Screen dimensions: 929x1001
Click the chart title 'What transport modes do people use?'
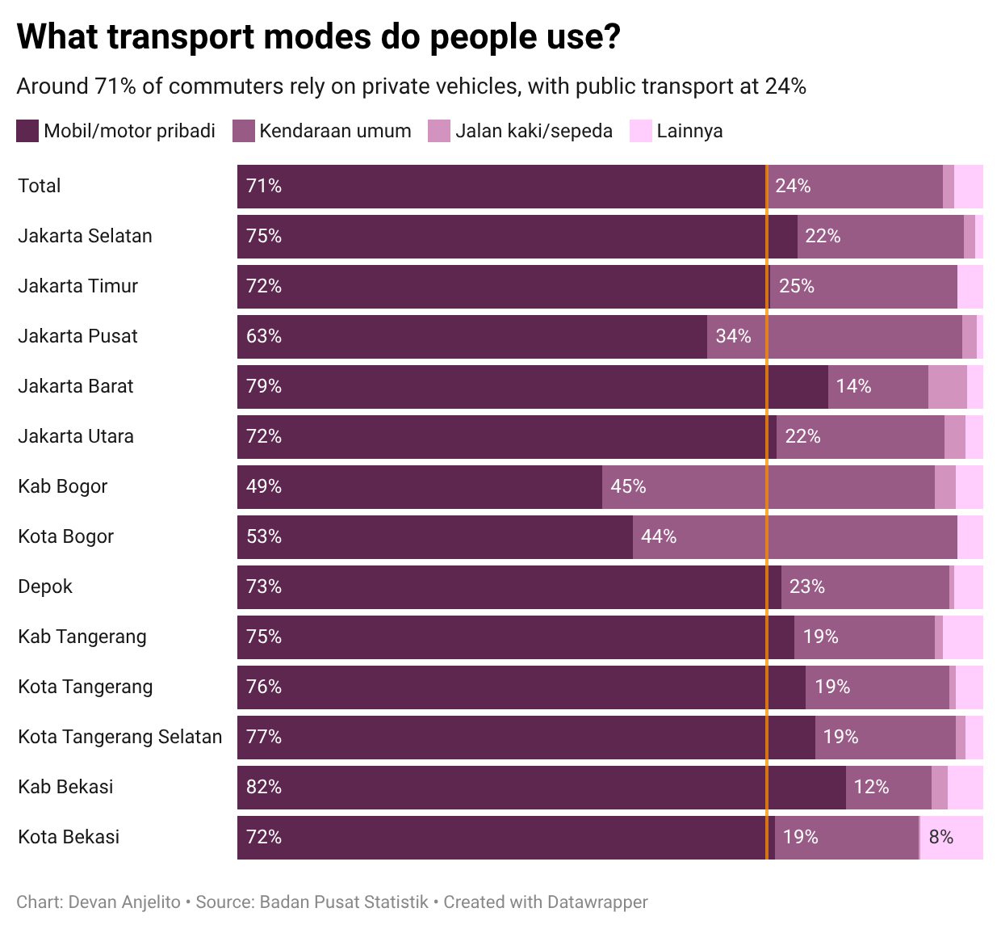pos(318,38)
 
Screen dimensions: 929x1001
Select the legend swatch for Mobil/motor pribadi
pos(27,131)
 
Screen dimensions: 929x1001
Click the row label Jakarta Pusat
pos(77,336)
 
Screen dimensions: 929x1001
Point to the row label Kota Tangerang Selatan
pos(119,737)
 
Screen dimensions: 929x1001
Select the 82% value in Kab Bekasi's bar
pos(264,787)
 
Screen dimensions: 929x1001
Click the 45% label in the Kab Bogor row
pos(628,486)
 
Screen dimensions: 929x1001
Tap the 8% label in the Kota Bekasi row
pos(940,837)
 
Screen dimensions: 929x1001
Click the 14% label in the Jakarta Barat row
pos(853,386)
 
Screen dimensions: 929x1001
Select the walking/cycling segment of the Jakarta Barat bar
pos(947,386)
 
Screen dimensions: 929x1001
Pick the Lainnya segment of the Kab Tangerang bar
pos(962,637)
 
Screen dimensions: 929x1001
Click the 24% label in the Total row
pos(793,186)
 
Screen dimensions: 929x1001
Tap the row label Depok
pos(45,586)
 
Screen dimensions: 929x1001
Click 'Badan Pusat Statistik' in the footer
pos(344,902)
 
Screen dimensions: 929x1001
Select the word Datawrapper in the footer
pos(597,902)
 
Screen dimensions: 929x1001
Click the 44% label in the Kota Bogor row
pos(659,536)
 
